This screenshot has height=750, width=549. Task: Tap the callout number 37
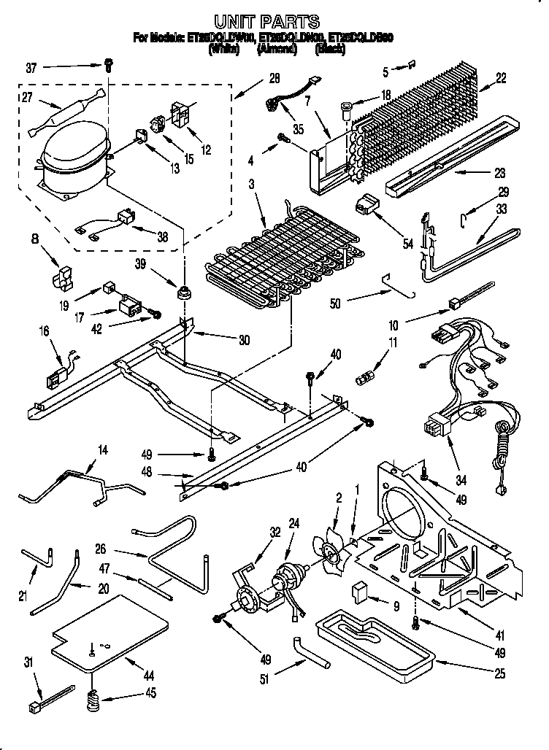point(31,69)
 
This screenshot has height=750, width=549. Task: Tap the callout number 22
point(500,79)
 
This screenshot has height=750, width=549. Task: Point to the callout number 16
point(44,332)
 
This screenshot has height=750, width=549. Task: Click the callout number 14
point(102,450)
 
